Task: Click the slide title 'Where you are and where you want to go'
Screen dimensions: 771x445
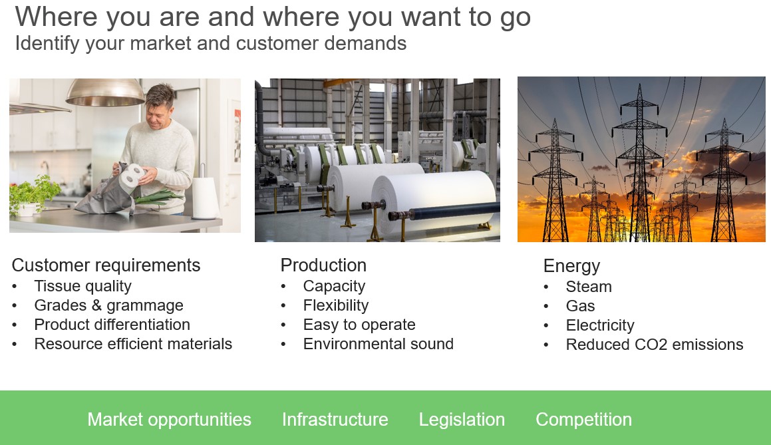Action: coord(273,18)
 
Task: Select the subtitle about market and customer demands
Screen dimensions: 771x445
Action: coord(211,43)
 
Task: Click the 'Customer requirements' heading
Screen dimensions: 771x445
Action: coord(106,265)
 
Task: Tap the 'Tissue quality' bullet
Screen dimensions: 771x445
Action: coord(82,286)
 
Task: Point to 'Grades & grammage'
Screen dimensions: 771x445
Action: coord(108,305)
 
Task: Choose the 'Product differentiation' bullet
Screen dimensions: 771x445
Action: coord(112,325)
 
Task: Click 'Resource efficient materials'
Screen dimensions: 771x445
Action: coord(133,344)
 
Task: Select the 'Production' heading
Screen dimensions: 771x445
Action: coord(323,265)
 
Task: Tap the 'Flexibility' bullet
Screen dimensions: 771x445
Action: coord(336,305)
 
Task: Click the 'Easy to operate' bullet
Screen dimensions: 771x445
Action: coord(359,325)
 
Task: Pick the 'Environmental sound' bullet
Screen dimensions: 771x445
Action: coord(378,344)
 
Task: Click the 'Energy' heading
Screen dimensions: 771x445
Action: coord(571,266)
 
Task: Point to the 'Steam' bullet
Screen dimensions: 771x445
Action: coord(589,287)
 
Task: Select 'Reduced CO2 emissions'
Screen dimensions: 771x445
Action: coord(655,344)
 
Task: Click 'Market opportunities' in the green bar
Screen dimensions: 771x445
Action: coord(169,420)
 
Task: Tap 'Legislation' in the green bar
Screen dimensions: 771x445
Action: coord(462,420)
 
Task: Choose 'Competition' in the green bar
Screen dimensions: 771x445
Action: coord(583,420)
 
